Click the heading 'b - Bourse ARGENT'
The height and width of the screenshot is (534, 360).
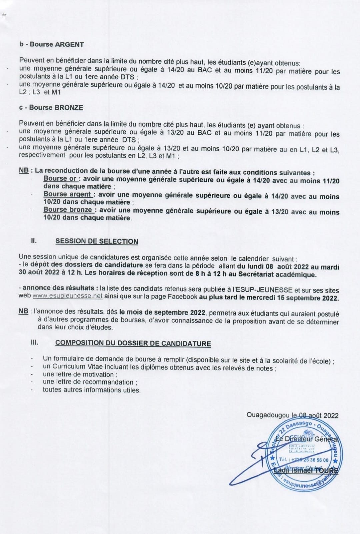pos(52,44)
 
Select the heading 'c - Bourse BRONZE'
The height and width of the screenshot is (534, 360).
pos(51,107)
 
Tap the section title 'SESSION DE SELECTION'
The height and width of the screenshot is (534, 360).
pos(97,241)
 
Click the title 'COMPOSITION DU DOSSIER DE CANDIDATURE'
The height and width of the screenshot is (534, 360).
pos(133,343)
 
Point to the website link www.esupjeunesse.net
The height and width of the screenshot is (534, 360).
pos(67,296)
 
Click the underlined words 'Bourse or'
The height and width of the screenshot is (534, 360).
pos(60,179)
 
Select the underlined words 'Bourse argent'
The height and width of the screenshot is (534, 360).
pos(67,194)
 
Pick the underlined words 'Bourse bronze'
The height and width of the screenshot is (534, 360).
pos(68,210)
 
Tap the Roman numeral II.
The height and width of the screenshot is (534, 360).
pos(34,241)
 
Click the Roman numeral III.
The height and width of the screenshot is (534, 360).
pos(34,342)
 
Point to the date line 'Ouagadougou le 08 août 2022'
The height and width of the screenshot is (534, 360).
pos(292,415)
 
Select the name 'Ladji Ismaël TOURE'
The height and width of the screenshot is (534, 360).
pos(306,471)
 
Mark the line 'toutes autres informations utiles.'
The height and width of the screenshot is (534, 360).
pos(92,390)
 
